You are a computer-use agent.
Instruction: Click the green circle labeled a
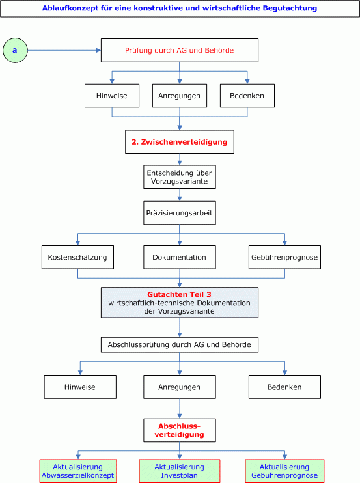(15, 50)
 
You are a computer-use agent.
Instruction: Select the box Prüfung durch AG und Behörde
(180, 50)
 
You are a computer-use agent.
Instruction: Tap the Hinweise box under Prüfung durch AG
(112, 96)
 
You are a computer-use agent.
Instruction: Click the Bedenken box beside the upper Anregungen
(247, 96)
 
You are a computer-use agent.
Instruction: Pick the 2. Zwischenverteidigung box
(180, 142)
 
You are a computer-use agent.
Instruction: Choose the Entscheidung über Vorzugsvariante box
(180, 177)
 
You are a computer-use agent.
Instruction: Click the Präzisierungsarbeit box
(180, 213)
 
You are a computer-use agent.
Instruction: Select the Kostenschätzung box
(77, 257)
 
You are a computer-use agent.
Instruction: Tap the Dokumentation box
(180, 257)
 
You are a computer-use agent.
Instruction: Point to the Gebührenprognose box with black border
(284, 257)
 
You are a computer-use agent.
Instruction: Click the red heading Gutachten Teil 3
(179, 294)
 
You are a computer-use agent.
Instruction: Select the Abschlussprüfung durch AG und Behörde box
(180, 345)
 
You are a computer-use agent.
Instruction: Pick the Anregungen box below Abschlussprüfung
(180, 387)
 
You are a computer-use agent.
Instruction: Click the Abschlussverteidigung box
(180, 430)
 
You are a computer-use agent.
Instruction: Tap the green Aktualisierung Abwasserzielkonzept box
(78, 471)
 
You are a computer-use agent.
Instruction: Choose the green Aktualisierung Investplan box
(180, 471)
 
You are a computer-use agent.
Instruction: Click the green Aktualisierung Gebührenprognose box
(284, 471)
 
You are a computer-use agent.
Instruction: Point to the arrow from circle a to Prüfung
(64, 50)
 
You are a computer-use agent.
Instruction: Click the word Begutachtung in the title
(290, 8)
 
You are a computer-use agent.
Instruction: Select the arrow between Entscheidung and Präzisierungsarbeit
(180, 195)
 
